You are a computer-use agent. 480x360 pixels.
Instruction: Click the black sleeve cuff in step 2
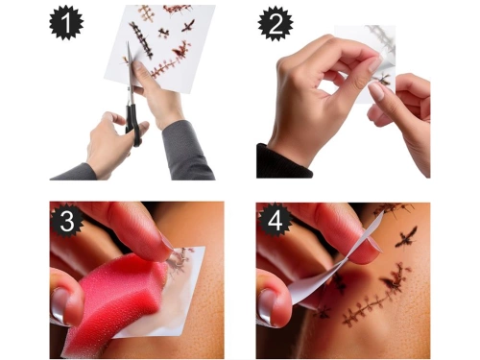pyautogui.click(x=278, y=161)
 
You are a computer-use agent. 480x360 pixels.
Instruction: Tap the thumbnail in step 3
pyautogui.click(x=60, y=309)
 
